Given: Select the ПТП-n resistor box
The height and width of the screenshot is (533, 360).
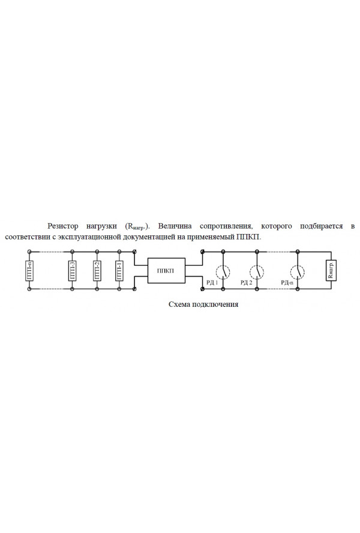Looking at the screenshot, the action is [x=29, y=270].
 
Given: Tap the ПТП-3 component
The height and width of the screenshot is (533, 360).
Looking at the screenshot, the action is [x=73, y=270].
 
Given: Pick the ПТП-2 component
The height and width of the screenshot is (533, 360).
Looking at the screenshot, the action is [x=97, y=270].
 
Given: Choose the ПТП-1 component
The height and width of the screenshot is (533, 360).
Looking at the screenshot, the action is [x=119, y=270].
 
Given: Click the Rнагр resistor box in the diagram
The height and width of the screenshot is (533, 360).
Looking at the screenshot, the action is [x=331, y=270].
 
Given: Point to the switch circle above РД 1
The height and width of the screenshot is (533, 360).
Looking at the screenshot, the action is [x=223, y=271].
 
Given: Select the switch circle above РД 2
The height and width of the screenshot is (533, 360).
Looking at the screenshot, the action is [x=257, y=271].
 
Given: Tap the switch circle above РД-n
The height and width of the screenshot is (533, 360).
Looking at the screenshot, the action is [x=298, y=271].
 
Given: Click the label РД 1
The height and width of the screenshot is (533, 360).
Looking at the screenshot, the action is [x=212, y=283].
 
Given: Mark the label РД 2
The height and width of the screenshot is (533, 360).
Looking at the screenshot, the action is [x=246, y=283].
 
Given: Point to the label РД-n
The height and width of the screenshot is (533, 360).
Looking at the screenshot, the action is [x=287, y=283].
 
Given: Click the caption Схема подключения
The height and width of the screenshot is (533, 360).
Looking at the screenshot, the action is [x=203, y=304].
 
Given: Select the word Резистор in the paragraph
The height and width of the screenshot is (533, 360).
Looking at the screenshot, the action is [x=63, y=226].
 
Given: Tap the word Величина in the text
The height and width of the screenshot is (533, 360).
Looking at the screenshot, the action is [x=175, y=226].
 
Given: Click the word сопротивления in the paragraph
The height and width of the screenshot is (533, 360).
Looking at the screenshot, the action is [x=226, y=226].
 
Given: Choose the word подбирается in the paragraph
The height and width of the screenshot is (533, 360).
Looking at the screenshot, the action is [x=321, y=226].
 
